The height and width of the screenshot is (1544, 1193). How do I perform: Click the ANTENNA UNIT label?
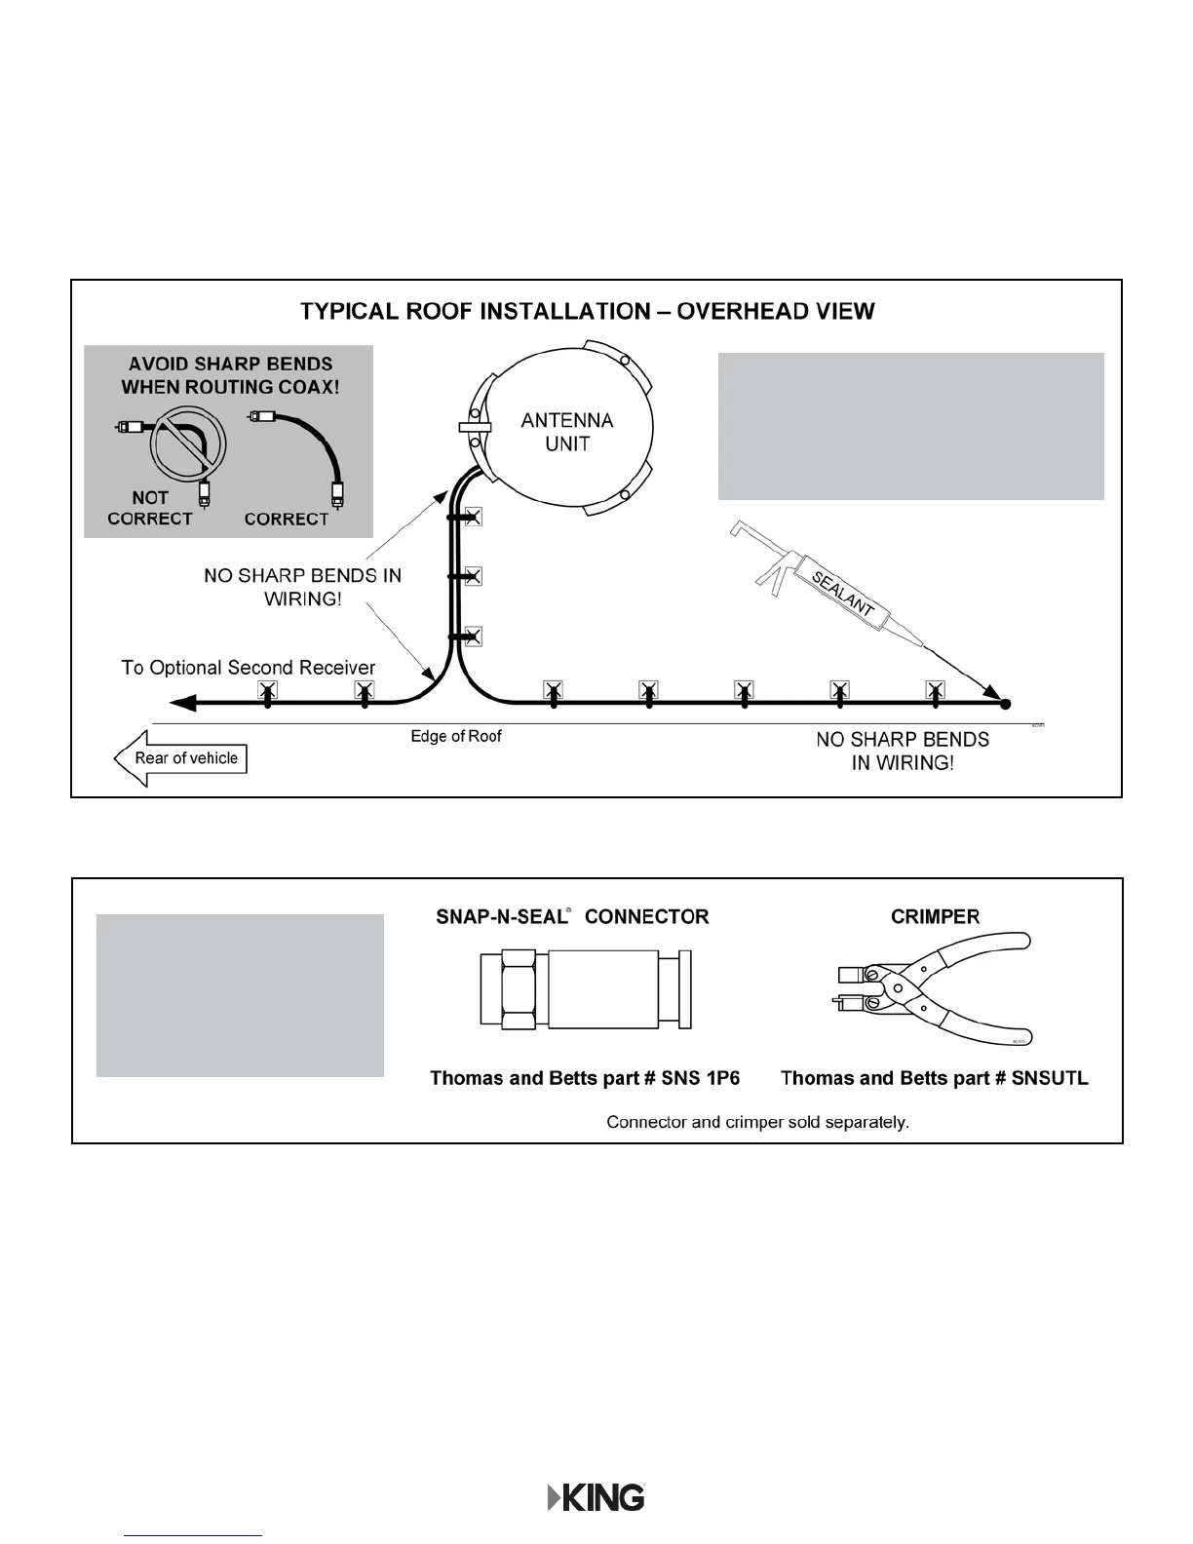(x=567, y=432)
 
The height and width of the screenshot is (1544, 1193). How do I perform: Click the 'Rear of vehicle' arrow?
(x=181, y=758)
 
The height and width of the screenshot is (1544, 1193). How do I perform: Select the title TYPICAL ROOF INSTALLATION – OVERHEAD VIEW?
(x=587, y=312)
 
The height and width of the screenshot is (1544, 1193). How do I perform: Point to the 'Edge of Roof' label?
(x=455, y=737)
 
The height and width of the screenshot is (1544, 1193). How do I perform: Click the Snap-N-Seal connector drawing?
(x=586, y=990)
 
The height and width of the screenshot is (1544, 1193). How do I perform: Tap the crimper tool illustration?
(x=934, y=989)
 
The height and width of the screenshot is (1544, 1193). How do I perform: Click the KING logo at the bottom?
(x=596, y=1497)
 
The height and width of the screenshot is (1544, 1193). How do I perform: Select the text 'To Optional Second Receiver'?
(x=248, y=668)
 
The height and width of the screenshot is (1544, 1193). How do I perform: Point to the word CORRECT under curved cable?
(x=287, y=520)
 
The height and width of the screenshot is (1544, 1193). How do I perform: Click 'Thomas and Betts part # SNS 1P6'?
(x=585, y=1078)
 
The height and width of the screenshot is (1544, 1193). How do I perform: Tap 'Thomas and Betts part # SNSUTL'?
(x=934, y=1078)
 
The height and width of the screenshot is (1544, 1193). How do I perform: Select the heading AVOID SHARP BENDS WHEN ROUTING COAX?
(x=230, y=375)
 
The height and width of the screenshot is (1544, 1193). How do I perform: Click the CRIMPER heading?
(x=935, y=917)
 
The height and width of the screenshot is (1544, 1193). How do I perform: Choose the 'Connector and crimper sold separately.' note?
(x=757, y=1122)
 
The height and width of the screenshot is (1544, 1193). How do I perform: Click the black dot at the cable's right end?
(x=1006, y=703)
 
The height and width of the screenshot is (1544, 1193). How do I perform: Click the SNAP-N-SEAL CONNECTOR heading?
(x=572, y=917)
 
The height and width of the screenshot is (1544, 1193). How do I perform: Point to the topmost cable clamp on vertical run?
(x=473, y=517)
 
